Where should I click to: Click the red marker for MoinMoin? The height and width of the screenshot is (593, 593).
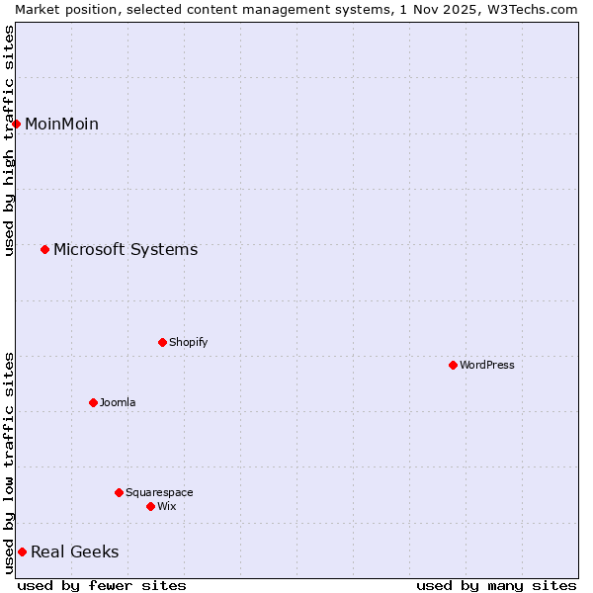click(x=17, y=124)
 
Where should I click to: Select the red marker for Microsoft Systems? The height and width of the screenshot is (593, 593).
click(x=44, y=249)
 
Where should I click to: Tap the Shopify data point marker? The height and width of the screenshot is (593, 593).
click(x=162, y=342)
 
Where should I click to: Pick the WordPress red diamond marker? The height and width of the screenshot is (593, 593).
click(x=453, y=365)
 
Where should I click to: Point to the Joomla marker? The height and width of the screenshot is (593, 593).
click(x=93, y=402)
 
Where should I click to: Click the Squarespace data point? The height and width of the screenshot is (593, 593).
click(x=119, y=492)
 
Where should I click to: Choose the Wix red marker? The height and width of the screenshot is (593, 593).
click(x=150, y=506)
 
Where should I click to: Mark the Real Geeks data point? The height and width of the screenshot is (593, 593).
click(x=22, y=551)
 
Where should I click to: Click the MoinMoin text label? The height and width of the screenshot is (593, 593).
click(x=61, y=124)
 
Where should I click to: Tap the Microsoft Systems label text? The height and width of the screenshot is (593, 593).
click(x=126, y=249)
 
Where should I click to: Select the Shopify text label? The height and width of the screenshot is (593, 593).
click(x=188, y=342)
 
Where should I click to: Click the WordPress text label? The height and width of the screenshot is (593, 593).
click(x=486, y=365)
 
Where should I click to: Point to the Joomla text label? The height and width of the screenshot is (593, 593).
click(x=118, y=402)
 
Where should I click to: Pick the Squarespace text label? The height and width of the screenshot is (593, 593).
click(x=159, y=492)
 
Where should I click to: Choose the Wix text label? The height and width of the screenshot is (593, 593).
click(x=166, y=506)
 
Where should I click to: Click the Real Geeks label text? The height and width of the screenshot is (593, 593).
click(x=74, y=551)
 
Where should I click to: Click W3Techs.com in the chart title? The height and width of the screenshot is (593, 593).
click(x=532, y=9)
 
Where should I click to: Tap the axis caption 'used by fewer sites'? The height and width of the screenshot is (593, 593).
click(x=102, y=585)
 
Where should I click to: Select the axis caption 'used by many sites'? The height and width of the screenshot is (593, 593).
click(x=496, y=585)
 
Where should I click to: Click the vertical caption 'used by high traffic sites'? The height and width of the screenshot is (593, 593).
click(x=9, y=140)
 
